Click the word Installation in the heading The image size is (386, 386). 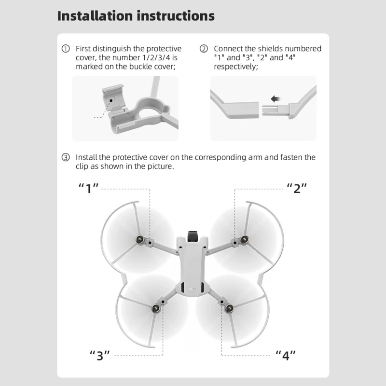click(x=95, y=16)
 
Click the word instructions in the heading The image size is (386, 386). click(x=176, y=16)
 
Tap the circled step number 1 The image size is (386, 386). click(x=66, y=49)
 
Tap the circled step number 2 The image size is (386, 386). click(x=204, y=49)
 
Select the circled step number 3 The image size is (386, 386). click(x=66, y=157)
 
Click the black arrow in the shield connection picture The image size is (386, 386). click(x=276, y=99)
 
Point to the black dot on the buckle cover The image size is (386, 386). click(x=111, y=100)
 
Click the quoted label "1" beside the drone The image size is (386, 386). click(x=88, y=188)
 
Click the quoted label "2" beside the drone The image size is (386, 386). click(x=297, y=188)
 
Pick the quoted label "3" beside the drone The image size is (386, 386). click(x=100, y=356)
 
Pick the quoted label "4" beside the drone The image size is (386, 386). click(x=286, y=356)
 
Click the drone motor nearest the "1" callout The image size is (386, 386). click(x=140, y=239)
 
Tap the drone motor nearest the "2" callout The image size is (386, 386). click(x=245, y=239)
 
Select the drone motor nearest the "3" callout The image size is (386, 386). click(x=155, y=308)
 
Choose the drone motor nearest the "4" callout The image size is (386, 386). click(x=229, y=308)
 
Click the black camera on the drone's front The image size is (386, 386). click(x=193, y=236)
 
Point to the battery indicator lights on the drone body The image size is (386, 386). click(x=193, y=289)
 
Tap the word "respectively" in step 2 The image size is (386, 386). click(x=236, y=67)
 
